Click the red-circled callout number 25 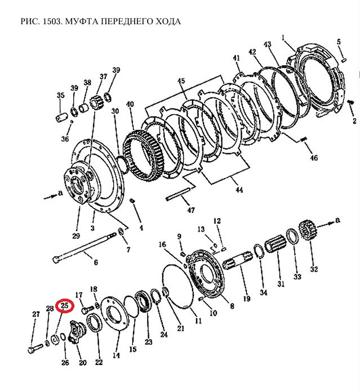[x=65, y=305]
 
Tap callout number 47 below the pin [x=191, y=210]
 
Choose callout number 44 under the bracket [x=239, y=190]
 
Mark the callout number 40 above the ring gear [x=130, y=104]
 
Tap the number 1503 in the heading [x=51, y=21]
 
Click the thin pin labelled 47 [x=180, y=196]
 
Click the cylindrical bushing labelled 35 [x=61, y=119]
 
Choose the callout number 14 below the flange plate [x=117, y=356]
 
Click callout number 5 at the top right [x=339, y=42]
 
